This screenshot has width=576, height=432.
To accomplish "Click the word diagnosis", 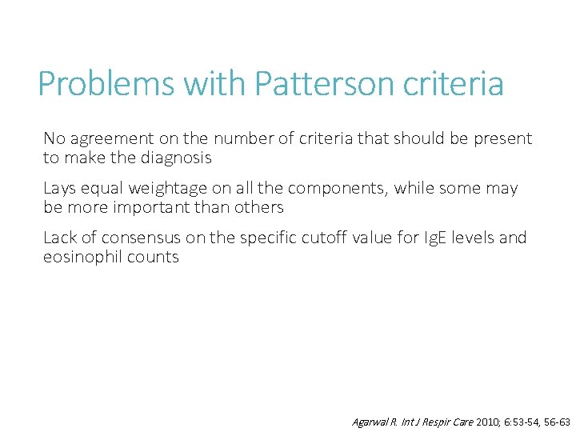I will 176,158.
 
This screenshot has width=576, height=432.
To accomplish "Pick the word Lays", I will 59,188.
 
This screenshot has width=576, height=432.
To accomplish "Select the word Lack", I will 60,238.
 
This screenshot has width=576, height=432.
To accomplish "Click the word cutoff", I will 324,238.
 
